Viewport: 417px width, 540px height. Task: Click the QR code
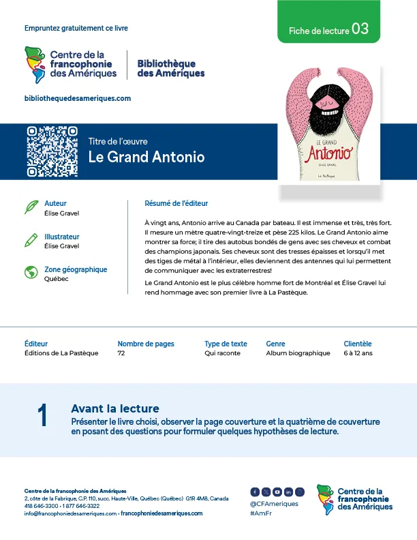(x=52, y=151)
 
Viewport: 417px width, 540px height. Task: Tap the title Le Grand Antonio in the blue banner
(x=146, y=157)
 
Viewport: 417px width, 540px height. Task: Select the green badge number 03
(x=360, y=29)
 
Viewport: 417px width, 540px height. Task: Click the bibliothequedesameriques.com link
(x=77, y=98)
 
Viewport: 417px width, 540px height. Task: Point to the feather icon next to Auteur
(x=31, y=207)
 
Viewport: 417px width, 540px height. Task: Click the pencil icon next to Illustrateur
(x=31, y=240)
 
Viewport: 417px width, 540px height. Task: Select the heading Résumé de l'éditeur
(x=176, y=203)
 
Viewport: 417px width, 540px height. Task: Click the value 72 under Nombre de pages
(x=121, y=353)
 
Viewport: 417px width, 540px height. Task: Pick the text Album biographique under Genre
(x=298, y=353)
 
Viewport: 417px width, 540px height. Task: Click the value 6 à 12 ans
(x=358, y=353)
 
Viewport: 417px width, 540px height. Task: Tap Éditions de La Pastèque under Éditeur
(x=61, y=353)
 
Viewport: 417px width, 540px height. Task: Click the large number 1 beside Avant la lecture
(x=43, y=416)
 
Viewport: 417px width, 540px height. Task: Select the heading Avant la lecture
(x=114, y=408)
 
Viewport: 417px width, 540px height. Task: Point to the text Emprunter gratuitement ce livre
(x=76, y=28)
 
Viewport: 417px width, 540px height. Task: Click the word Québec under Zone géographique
(x=56, y=279)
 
